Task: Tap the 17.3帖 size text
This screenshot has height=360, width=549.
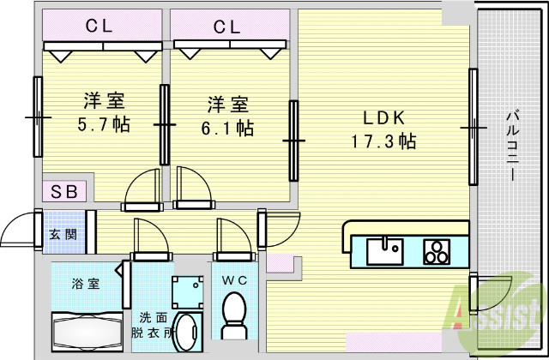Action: pyautogui.click(x=383, y=141)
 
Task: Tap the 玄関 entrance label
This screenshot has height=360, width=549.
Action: pyautogui.click(x=61, y=233)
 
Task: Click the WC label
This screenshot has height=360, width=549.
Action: pyautogui.click(x=233, y=279)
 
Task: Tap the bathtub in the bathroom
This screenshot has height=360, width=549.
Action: pyautogui.click(x=86, y=331)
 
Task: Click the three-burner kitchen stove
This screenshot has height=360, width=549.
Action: pyautogui.click(x=437, y=251)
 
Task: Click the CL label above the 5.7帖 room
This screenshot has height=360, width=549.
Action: pyautogui.click(x=100, y=26)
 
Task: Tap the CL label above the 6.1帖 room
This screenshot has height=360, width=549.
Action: pyautogui.click(x=226, y=26)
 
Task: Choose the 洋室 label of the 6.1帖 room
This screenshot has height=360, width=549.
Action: pyautogui.click(x=226, y=105)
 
